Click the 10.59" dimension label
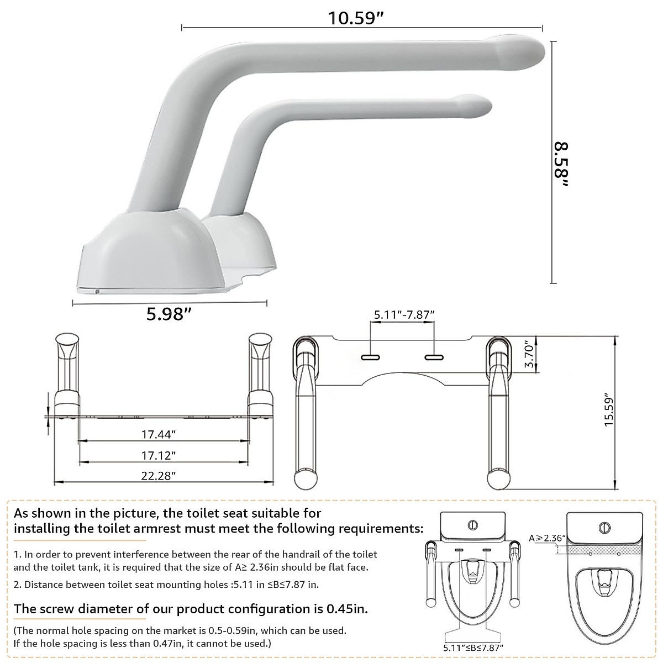tap(356, 18)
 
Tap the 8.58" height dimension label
tap(562, 164)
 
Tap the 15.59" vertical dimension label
tap(608, 411)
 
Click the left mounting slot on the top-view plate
tap(370, 357)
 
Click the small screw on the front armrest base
tap(97, 291)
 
